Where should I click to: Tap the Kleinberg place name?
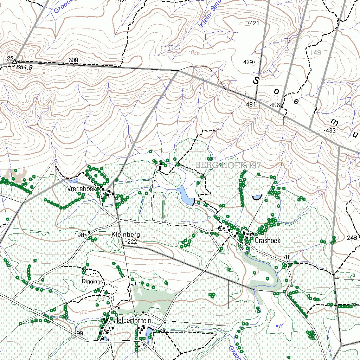click(126, 234)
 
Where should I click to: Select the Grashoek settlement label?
click(267, 241)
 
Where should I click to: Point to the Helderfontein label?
click(132, 321)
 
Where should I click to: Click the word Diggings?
click(92, 281)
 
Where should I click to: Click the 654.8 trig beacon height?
click(24, 67)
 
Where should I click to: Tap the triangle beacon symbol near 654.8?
click(14, 62)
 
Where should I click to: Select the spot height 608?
click(73, 60)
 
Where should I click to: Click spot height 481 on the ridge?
click(251, 104)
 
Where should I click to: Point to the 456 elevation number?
click(275, 105)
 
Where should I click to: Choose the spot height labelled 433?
click(331, 130)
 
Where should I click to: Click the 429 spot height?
click(248, 62)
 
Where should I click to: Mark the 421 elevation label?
click(254, 24)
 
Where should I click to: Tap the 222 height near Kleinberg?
click(132, 242)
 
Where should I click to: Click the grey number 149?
click(316, 53)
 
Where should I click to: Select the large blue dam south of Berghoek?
click(185, 195)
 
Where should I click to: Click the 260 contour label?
click(313, 179)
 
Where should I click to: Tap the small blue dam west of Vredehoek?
click(74, 181)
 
